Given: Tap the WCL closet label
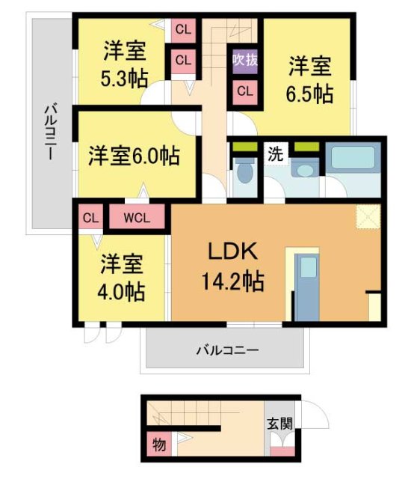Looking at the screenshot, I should pos(137,219).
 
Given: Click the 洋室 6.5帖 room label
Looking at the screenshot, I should pos(310,80).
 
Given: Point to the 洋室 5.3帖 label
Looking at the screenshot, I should pos(125,63).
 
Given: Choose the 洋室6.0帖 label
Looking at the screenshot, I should pos(134,157).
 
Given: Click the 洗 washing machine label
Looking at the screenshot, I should pos(275,156).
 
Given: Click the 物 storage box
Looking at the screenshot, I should pos(158,443).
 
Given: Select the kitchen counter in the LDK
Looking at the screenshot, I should pos(307,284).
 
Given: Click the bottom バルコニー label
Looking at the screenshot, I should pos(227,350).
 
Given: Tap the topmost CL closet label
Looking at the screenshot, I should pos(182,30).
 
